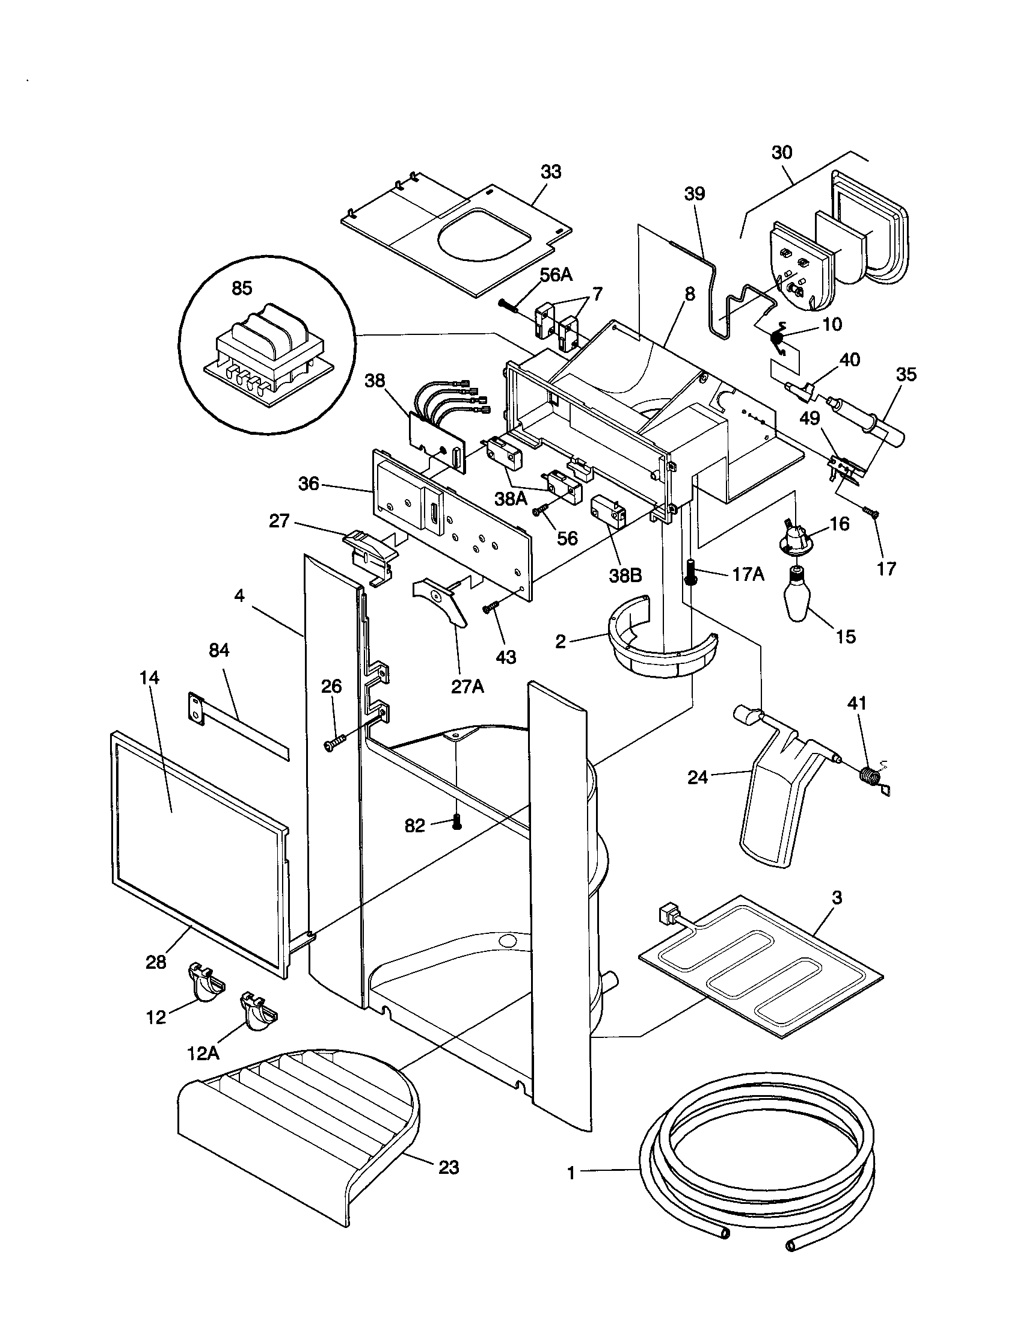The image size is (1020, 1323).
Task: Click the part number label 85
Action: [x=242, y=288]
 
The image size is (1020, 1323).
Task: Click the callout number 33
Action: [x=550, y=172]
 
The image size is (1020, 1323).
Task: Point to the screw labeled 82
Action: [x=457, y=823]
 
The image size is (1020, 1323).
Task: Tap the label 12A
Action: [x=203, y=1054]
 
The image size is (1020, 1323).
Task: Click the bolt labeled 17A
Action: [x=690, y=572]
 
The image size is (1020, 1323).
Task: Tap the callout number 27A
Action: [x=468, y=687]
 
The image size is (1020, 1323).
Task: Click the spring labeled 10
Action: [x=780, y=336]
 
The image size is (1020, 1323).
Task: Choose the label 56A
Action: [x=556, y=274]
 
